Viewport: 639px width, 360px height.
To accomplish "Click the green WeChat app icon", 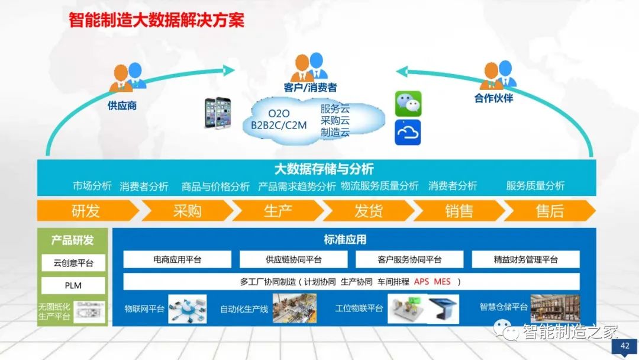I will pos(408,104).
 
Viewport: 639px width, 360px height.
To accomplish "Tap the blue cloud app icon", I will pos(408,132).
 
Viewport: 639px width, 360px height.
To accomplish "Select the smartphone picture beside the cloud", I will pos(217,112).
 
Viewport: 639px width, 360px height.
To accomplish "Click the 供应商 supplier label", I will pos(122,106).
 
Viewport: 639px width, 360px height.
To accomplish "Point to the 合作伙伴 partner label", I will pos(493,98).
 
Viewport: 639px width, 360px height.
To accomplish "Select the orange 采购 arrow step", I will pos(187,211).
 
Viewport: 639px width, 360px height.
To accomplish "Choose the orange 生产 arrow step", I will pos(278,211).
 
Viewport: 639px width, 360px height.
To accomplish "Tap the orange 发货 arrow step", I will pos(368,211).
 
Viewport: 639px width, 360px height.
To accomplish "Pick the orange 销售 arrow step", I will pos(459,211).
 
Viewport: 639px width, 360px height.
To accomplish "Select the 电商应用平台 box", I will pos(177,259).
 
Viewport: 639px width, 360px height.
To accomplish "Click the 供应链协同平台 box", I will pos(293,259).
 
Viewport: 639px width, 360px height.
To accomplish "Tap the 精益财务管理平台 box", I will pos(525,259).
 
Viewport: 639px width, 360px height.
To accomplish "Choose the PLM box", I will pos(73,285).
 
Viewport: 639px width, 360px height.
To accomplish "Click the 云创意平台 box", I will pos(73,263).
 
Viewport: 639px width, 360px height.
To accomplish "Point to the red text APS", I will pos(421,281).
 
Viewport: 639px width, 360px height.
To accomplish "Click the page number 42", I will pos(625,346).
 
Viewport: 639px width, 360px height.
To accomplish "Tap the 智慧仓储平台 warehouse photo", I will pos(555,308).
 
